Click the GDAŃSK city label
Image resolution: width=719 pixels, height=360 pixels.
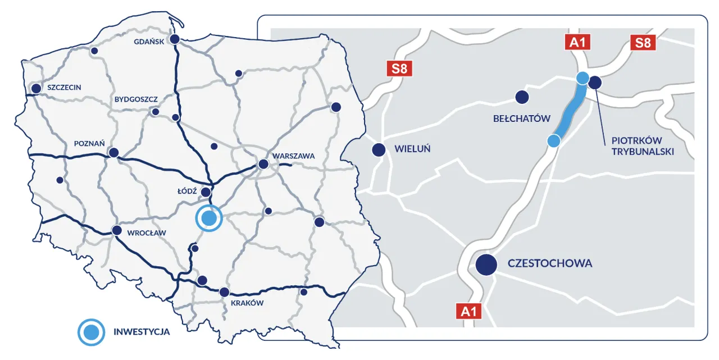pyautogui.click(x=148, y=42)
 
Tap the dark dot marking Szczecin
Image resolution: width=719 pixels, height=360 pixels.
pyautogui.click(x=37, y=88)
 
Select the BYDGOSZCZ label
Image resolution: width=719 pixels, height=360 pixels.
pyautogui.click(x=136, y=99)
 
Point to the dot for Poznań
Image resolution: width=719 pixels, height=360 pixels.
pyautogui.click(x=114, y=153)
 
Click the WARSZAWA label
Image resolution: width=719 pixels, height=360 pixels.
pyautogui.click(x=293, y=156)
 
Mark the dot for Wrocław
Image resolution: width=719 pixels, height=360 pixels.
pyautogui.click(x=117, y=230)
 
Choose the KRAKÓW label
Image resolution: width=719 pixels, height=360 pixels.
pyautogui.click(x=247, y=303)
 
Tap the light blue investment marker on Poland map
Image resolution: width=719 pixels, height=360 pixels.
pyautogui.click(x=209, y=218)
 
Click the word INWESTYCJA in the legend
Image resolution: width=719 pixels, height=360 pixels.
pyautogui.click(x=142, y=331)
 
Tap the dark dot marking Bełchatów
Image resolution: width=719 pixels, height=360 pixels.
pyautogui.click(x=522, y=97)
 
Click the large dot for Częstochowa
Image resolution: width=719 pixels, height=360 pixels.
pyautogui.click(x=486, y=264)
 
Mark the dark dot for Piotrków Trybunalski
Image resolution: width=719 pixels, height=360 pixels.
pyautogui.click(x=595, y=83)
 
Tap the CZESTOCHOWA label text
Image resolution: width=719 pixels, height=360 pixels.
pyautogui.click(x=549, y=263)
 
